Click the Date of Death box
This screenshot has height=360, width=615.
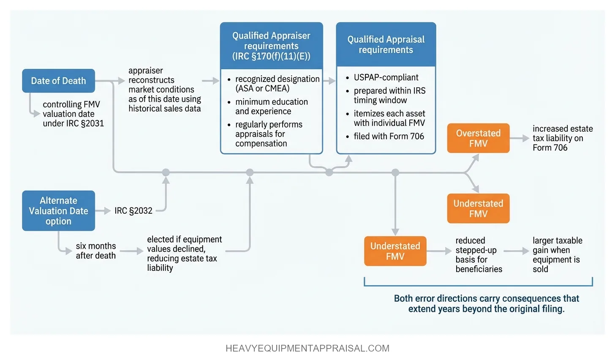pyautogui.click(x=58, y=81)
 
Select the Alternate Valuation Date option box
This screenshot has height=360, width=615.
pyautogui.click(x=58, y=210)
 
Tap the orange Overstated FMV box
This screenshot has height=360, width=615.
pyautogui.click(x=478, y=138)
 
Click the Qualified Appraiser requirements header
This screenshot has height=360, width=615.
pyautogui.click(x=271, y=46)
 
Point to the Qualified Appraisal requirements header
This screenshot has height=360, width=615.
pyautogui.click(x=386, y=44)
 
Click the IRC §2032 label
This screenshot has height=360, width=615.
pyautogui.click(x=133, y=210)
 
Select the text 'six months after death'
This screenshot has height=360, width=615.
pyautogui.click(x=95, y=251)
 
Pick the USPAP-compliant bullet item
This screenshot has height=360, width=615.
pyautogui.click(x=386, y=77)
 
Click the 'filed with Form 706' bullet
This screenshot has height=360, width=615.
pyautogui.click(x=389, y=136)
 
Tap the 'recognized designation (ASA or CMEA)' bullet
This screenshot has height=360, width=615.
pyautogui.click(x=277, y=84)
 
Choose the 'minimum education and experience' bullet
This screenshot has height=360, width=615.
pyautogui.click(x=271, y=106)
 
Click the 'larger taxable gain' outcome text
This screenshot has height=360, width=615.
pyautogui.click(x=557, y=254)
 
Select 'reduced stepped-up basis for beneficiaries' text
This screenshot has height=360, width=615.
pyautogui.click(x=478, y=254)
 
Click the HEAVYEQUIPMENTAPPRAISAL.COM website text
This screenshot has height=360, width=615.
pyautogui.click(x=307, y=348)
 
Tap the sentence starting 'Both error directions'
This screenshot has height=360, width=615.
pyautogui.click(x=486, y=303)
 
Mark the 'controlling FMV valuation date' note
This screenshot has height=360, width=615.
pyautogui.click(x=73, y=114)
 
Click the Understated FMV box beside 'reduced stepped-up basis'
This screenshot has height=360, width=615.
pyautogui.click(x=395, y=251)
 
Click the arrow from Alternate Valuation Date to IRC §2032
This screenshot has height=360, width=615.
pyautogui.click(x=103, y=210)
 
